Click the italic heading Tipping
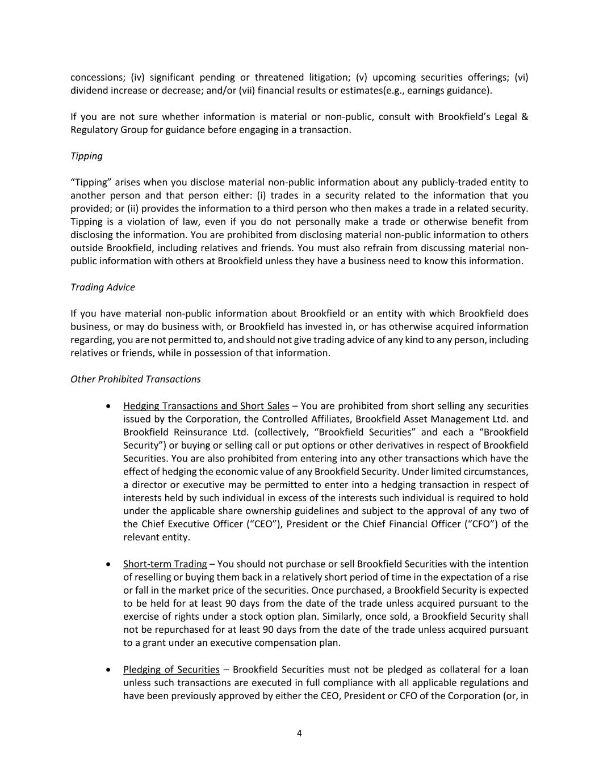tap(86, 156)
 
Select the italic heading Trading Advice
tap(102, 287)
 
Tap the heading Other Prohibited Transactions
tap(135, 379)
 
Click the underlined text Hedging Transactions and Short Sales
tap(206, 405)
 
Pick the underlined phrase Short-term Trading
tap(165, 564)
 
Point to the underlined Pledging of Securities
tap(171, 669)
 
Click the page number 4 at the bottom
tap(299, 733)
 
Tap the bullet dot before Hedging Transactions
tap(108, 406)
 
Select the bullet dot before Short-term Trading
tap(108, 564)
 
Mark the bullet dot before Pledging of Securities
tap(108, 670)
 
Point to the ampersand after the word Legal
tap(524, 117)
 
